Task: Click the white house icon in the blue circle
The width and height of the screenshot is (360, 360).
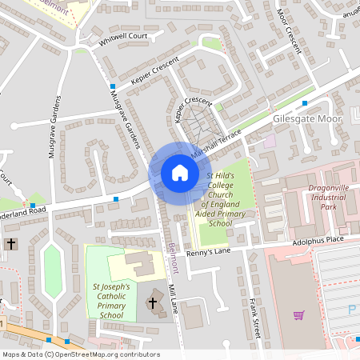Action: click(180, 173)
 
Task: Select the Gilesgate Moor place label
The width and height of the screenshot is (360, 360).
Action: click(306, 118)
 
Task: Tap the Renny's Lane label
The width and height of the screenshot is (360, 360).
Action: click(209, 253)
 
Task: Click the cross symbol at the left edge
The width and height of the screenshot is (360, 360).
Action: click(11, 242)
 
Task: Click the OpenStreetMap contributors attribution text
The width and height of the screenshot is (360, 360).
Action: click(80, 354)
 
